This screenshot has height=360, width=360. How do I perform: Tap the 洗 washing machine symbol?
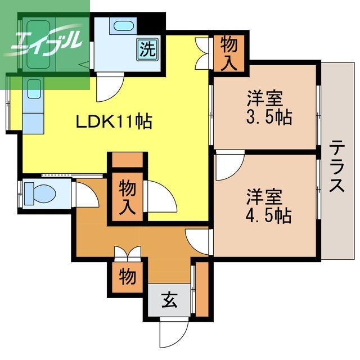pyautogui.click(x=146, y=49)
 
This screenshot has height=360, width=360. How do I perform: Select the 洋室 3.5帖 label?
pyautogui.click(x=264, y=108)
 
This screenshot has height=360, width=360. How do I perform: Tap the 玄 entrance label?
pyautogui.click(x=170, y=301)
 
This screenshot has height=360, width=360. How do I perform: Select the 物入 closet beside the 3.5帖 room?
pyautogui.click(x=228, y=53)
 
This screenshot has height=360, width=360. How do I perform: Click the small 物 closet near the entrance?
pyautogui.click(x=127, y=277)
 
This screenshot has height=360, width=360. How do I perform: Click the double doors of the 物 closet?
pyautogui.click(x=127, y=253)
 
